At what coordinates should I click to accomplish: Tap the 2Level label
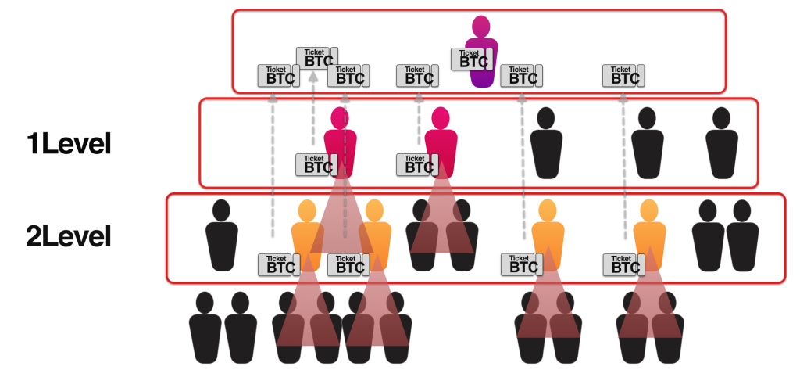pos(69,236)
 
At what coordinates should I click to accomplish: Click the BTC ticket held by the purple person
pos(472,59)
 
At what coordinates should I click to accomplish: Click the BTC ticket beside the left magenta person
pos(317,164)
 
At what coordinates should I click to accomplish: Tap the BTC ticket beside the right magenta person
pos(418,164)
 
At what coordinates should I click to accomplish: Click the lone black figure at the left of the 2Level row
pos(221,235)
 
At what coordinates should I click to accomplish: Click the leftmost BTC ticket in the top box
pos(279,76)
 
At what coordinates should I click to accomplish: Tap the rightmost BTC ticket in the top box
pos(623,76)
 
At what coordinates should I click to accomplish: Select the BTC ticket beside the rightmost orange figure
pos(623,264)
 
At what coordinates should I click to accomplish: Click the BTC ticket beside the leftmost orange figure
pos(279,264)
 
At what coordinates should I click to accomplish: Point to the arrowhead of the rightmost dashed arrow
pos(623,97)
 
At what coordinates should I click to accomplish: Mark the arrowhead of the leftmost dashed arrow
pos(273,97)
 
